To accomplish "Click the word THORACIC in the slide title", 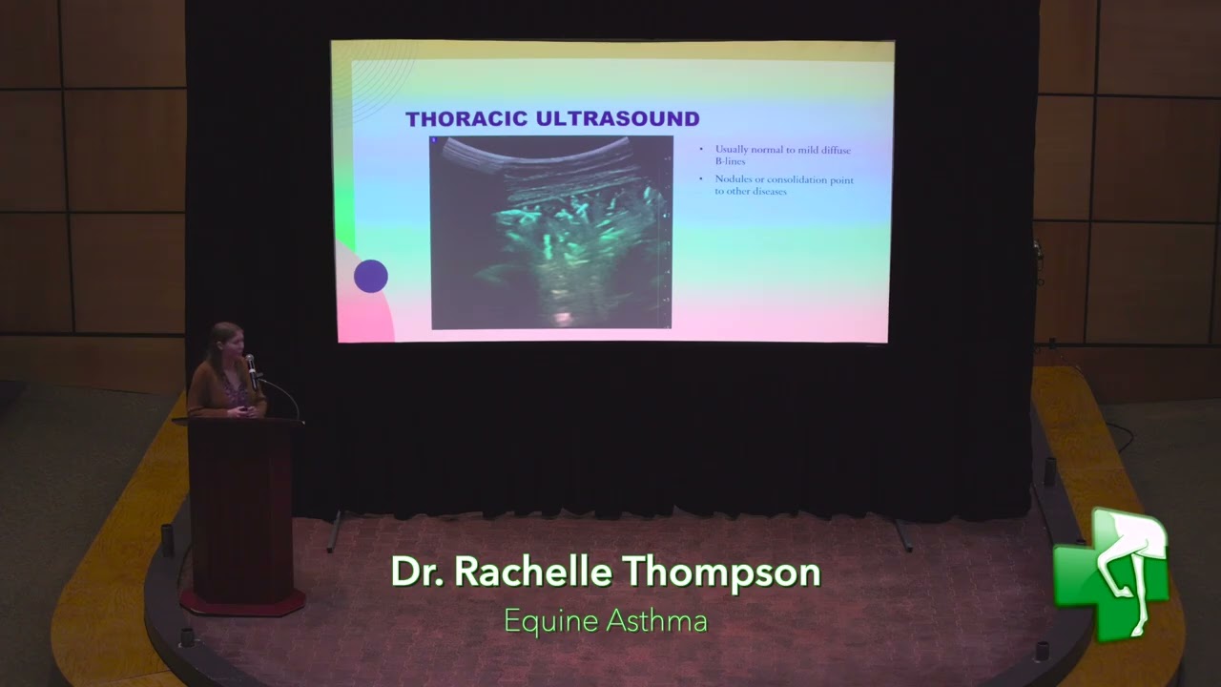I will point(466,119).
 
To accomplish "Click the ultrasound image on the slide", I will point(551,232).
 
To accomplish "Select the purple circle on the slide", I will point(371,277).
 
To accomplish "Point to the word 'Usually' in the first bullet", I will point(732,150).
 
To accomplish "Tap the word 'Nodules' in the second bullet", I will point(733,179).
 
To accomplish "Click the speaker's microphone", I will point(251,362).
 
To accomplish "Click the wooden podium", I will point(241,506).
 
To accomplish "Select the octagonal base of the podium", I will point(242,601).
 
